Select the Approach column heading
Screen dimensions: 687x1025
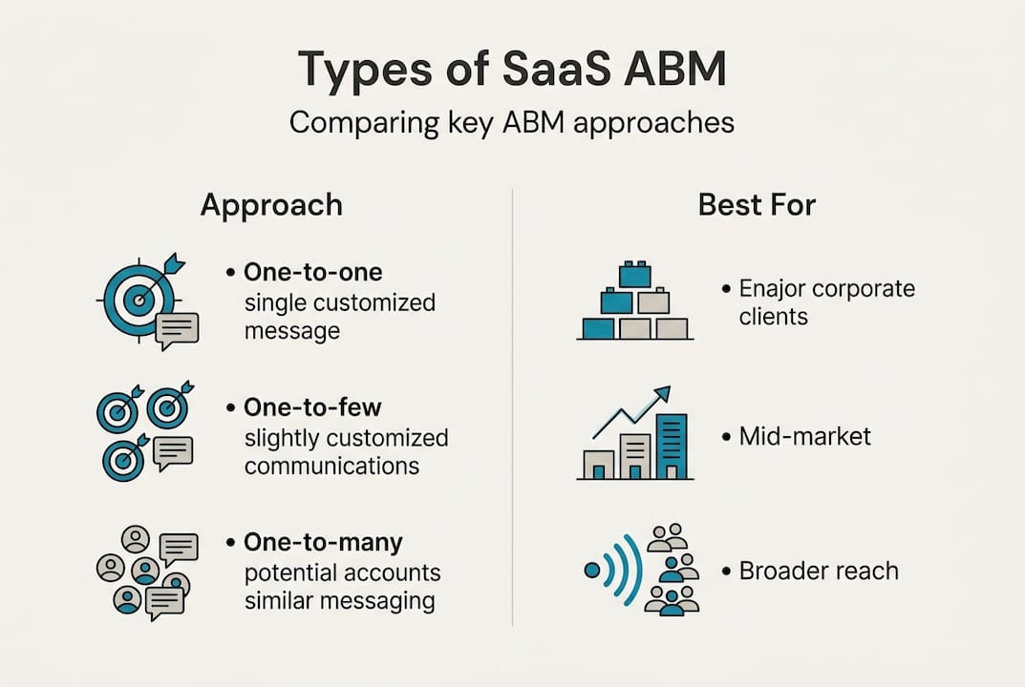[x=271, y=205]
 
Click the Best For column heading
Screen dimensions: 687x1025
[x=757, y=205]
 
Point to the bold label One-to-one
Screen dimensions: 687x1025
[x=313, y=272]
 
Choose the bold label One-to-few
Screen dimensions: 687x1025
[x=312, y=407]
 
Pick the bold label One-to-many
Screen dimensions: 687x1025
[x=323, y=543]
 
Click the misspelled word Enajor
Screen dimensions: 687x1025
[x=775, y=288]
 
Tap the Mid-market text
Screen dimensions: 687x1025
[x=805, y=437]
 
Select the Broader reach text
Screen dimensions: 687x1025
[x=819, y=571]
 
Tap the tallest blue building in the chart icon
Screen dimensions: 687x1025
[x=671, y=446]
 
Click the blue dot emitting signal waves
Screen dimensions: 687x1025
[x=592, y=571]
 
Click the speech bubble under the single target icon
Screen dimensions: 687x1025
[x=177, y=328]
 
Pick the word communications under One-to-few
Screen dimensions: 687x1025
[x=331, y=467]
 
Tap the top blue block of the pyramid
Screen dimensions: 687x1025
[x=634, y=276]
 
